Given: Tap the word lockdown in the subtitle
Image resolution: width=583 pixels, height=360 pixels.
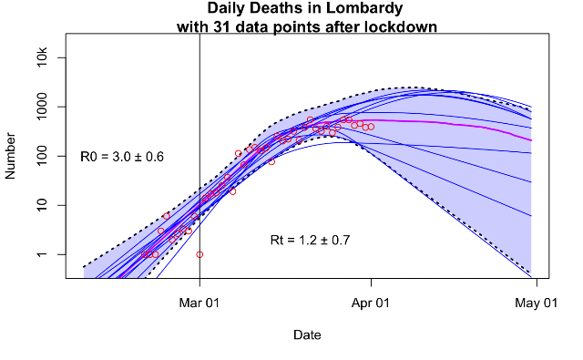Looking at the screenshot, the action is coord(401,26).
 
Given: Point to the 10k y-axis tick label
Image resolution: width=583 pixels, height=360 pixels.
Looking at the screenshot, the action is coord(42,57).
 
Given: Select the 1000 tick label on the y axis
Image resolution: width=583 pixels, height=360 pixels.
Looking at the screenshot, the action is coord(42,108).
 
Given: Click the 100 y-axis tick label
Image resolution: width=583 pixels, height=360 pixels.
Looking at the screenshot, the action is coord(42,156).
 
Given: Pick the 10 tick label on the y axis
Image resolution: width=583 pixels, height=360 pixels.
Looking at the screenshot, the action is coord(42,205).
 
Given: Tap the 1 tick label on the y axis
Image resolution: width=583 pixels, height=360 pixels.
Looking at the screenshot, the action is coord(42,254).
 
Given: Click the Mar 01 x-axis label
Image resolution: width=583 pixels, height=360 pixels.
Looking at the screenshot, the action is coord(199,303).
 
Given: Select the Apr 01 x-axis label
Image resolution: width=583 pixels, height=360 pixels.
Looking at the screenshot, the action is coord(371,303).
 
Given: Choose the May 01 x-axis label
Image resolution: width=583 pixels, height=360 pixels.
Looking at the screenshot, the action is coord(537,303).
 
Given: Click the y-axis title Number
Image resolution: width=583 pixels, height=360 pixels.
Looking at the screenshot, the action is coord(10,156).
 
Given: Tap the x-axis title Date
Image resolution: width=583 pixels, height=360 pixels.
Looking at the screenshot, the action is coord(307,334).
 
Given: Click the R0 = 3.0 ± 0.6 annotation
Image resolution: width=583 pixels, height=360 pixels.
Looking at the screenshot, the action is coord(122,157).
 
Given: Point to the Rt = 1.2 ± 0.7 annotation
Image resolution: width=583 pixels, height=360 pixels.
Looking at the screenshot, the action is coord(310,241).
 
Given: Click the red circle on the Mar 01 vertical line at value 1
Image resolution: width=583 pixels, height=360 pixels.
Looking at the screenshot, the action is coord(199,255).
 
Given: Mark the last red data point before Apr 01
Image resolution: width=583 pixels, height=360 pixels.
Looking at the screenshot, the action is coord(371,127).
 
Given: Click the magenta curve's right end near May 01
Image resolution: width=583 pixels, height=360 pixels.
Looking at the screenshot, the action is coord(531,140).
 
